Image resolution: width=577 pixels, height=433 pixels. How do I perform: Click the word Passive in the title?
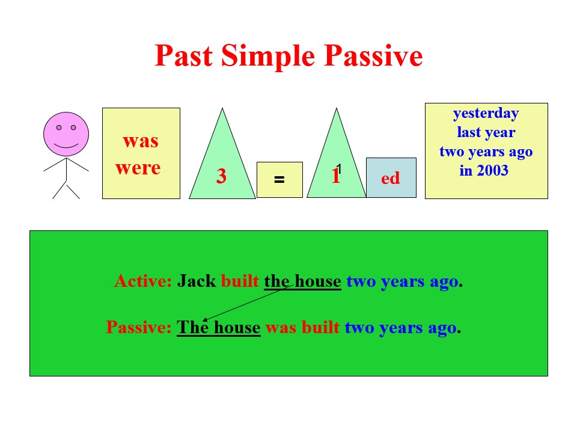[x=373, y=55]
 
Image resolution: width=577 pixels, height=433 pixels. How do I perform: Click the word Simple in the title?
[x=268, y=57]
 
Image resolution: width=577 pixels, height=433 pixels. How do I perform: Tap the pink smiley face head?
[x=66, y=134]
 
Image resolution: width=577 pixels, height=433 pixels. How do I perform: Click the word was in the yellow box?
[x=141, y=141]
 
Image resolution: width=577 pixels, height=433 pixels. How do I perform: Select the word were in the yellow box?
[x=138, y=168]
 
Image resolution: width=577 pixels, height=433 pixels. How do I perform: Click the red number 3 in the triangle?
[x=221, y=176]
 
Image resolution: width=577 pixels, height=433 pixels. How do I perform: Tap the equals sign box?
[x=279, y=180]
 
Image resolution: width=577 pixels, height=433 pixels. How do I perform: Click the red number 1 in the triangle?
[x=335, y=176]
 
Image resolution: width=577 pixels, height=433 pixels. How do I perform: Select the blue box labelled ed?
[x=391, y=178]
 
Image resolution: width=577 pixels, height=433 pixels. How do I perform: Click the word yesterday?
[x=486, y=114]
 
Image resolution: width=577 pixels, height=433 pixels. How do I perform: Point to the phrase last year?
[x=486, y=132]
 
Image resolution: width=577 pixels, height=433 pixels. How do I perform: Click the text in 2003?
[x=484, y=170]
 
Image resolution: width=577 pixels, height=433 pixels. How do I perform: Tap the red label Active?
[x=143, y=281]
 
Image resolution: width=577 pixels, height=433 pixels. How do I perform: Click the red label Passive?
[x=139, y=327]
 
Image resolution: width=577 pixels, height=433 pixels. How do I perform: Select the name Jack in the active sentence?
[x=197, y=281]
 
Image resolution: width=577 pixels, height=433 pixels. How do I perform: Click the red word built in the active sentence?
[x=240, y=281]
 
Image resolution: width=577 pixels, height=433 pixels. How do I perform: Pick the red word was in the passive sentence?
[x=281, y=328]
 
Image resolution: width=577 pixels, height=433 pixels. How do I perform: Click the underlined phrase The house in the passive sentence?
[x=219, y=327]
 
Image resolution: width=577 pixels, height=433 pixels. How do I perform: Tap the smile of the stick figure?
[x=66, y=146]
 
